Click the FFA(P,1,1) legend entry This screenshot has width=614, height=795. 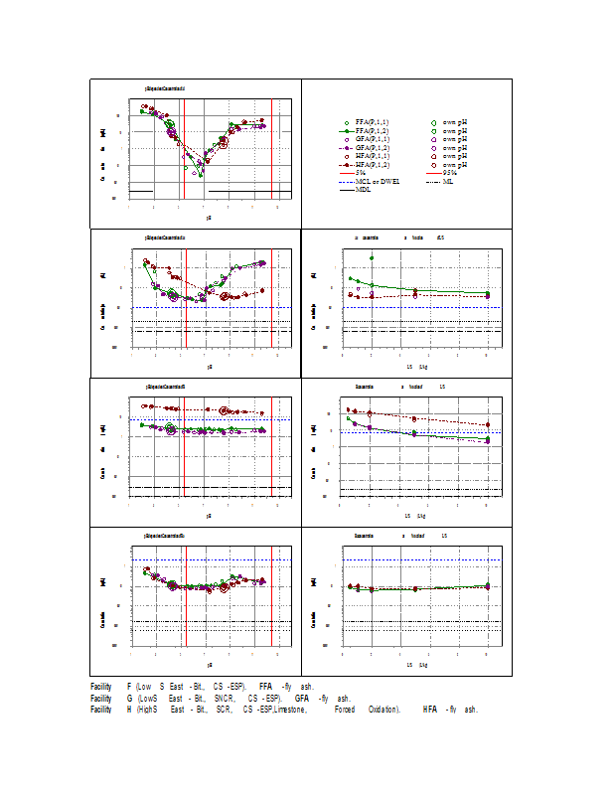tap(373, 120)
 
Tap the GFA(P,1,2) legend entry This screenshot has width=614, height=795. tap(373, 147)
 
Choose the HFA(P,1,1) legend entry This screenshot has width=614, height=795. tap(373, 156)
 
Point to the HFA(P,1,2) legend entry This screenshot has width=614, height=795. tap(373, 164)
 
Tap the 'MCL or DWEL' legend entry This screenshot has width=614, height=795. tap(379, 181)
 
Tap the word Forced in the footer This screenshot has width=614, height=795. tap(344, 710)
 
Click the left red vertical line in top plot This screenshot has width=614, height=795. tap(179, 149)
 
